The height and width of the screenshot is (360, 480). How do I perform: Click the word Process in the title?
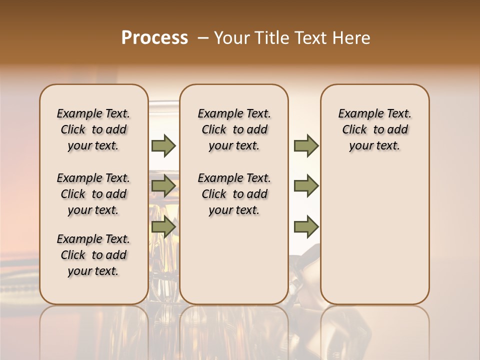click(x=154, y=38)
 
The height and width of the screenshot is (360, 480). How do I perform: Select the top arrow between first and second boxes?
click(x=163, y=145)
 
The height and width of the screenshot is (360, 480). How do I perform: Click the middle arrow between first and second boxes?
click(x=163, y=186)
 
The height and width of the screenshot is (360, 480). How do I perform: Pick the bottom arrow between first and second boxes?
click(x=163, y=227)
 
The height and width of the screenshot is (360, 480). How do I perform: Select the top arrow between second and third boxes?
click(x=306, y=145)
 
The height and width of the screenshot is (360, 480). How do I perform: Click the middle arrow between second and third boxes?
click(x=306, y=186)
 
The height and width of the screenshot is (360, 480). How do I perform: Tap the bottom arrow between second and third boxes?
click(x=306, y=227)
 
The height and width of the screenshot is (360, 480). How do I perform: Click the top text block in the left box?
click(x=93, y=129)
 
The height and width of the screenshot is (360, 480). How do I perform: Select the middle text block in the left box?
click(x=93, y=194)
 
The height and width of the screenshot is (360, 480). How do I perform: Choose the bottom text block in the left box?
click(x=93, y=255)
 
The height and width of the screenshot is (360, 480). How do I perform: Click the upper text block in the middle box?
click(x=234, y=129)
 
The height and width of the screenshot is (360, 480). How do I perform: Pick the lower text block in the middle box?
click(x=234, y=194)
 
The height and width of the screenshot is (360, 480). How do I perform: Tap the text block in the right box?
click(x=375, y=129)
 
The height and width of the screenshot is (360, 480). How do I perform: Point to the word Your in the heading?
click(x=232, y=38)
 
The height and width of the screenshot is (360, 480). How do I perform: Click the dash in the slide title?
click(x=202, y=38)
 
